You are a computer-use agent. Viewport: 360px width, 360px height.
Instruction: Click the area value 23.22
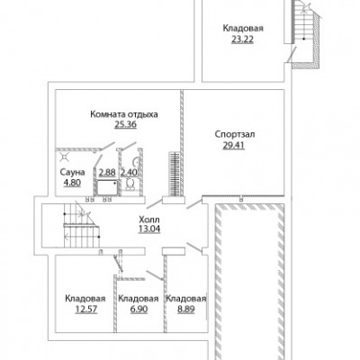tap(242, 40)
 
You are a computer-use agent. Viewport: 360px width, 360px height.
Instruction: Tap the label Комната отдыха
tap(124, 114)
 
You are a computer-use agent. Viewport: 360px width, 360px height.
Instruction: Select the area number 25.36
tap(126, 124)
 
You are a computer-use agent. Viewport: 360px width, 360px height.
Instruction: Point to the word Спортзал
tap(235, 134)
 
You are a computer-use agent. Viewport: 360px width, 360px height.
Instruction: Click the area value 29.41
tap(234, 145)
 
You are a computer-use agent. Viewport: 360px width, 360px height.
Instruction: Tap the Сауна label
tap(72, 172)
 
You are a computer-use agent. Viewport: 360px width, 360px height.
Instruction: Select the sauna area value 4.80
tap(72, 183)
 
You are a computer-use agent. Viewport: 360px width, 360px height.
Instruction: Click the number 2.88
tap(107, 172)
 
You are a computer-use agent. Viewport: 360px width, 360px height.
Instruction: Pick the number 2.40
tap(129, 172)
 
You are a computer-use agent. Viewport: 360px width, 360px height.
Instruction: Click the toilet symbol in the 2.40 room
tap(130, 184)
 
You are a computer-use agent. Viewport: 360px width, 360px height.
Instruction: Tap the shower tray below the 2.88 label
tap(106, 187)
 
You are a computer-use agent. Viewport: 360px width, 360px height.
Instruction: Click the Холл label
tap(149, 219)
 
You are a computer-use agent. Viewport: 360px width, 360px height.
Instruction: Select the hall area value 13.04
tap(149, 229)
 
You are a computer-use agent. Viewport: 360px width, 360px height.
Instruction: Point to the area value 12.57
tap(86, 309)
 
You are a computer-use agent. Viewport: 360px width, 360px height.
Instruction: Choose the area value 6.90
tap(139, 309)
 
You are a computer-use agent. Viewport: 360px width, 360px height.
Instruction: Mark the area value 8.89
tap(186, 309)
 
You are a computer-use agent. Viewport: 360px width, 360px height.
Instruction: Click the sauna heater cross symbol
tap(65, 156)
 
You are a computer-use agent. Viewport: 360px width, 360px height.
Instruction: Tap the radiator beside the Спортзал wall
tap(174, 174)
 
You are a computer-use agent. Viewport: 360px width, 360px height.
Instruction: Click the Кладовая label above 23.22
tap(243, 29)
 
